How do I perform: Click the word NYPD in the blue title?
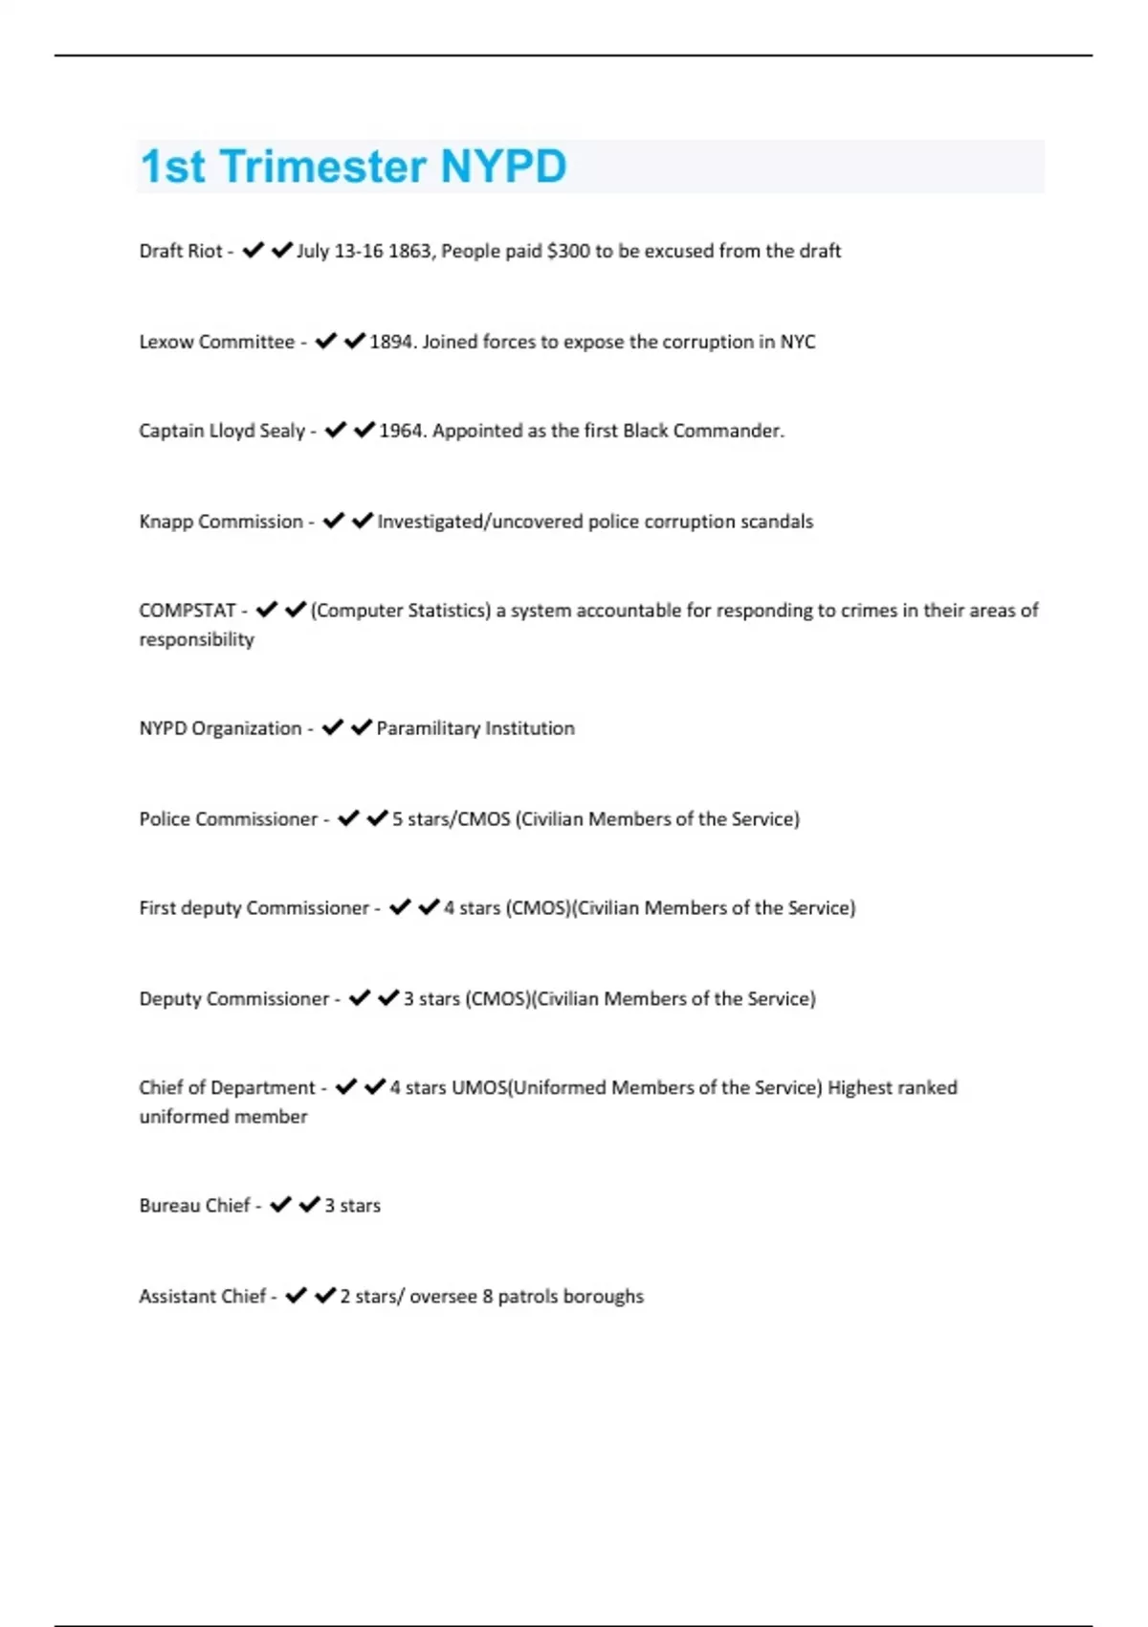tap(503, 167)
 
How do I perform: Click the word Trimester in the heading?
tap(323, 167)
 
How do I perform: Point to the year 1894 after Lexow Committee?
tap(390, 342)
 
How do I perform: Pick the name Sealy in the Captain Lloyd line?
tap(282, 431)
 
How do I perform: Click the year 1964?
tap(401, 431)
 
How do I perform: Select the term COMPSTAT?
tap(188, 611)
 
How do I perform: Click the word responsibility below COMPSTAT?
tap(196, 639)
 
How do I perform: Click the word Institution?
tap(530, 728)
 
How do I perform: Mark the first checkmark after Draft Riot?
tap(254, 251)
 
